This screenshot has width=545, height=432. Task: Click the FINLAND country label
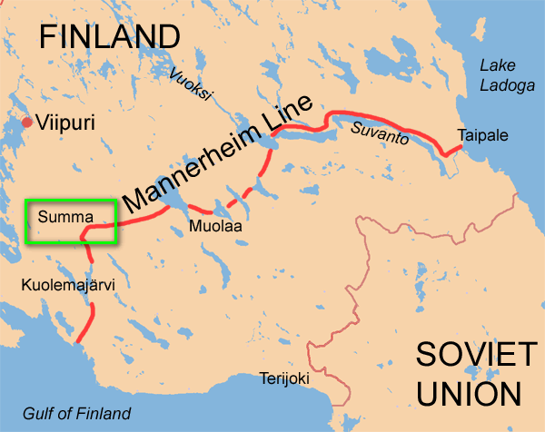(x=110, y=35)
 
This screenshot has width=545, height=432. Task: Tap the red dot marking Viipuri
(x=26, y=122)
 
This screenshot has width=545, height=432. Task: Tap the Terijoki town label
(x=283, y=378)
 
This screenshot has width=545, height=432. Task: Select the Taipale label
(x=483, y=136)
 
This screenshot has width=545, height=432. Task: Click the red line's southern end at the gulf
(x=81, y=341)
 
